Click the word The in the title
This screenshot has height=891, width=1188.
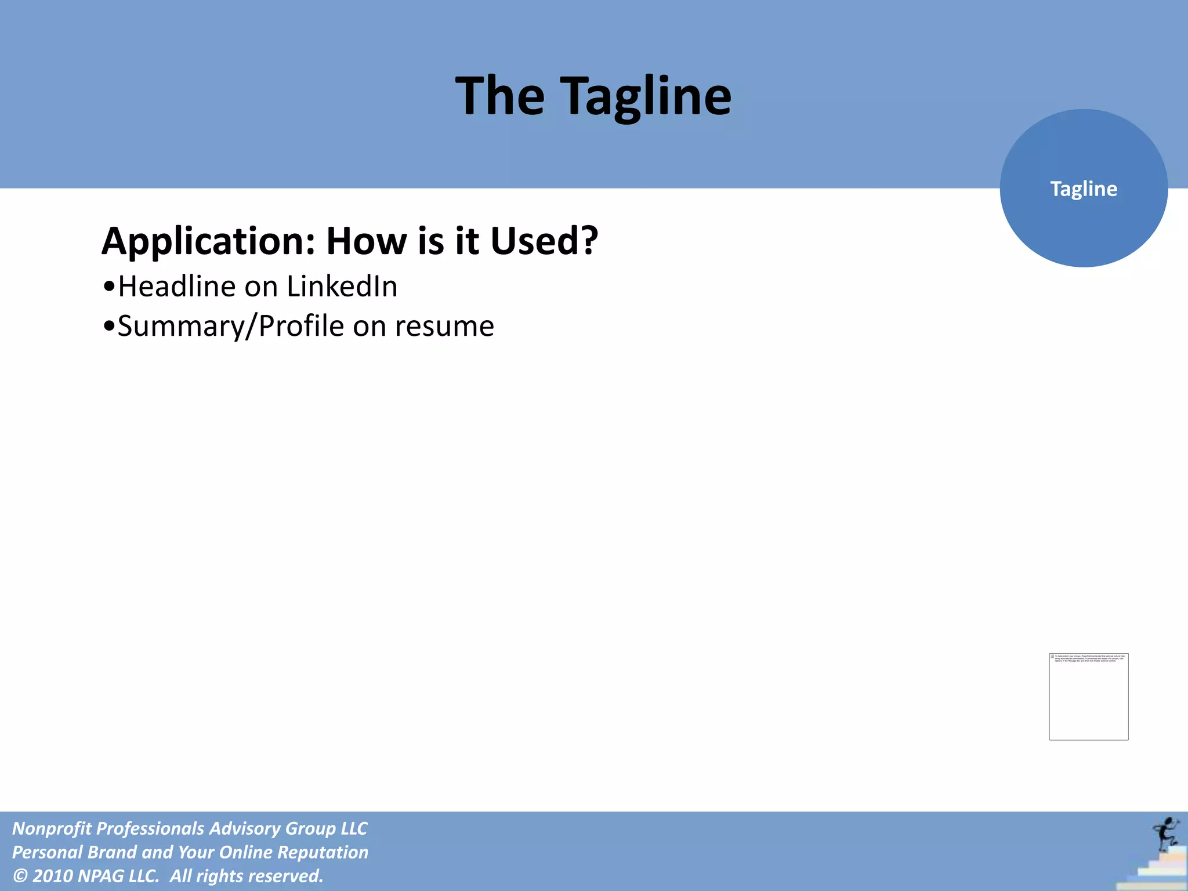coord(499,96)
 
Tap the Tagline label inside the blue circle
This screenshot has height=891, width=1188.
coord(1083,189)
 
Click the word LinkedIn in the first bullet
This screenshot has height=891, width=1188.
coord(342,287)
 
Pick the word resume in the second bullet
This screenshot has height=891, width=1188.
coord(444,326)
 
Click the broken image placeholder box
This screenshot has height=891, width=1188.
coord(1088,696)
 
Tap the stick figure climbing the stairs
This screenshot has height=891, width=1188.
coord(1165,834)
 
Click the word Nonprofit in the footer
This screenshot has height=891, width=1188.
coord(50,828)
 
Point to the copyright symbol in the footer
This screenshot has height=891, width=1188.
coord(20,876)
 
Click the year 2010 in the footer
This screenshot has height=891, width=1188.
coord(52,876)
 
